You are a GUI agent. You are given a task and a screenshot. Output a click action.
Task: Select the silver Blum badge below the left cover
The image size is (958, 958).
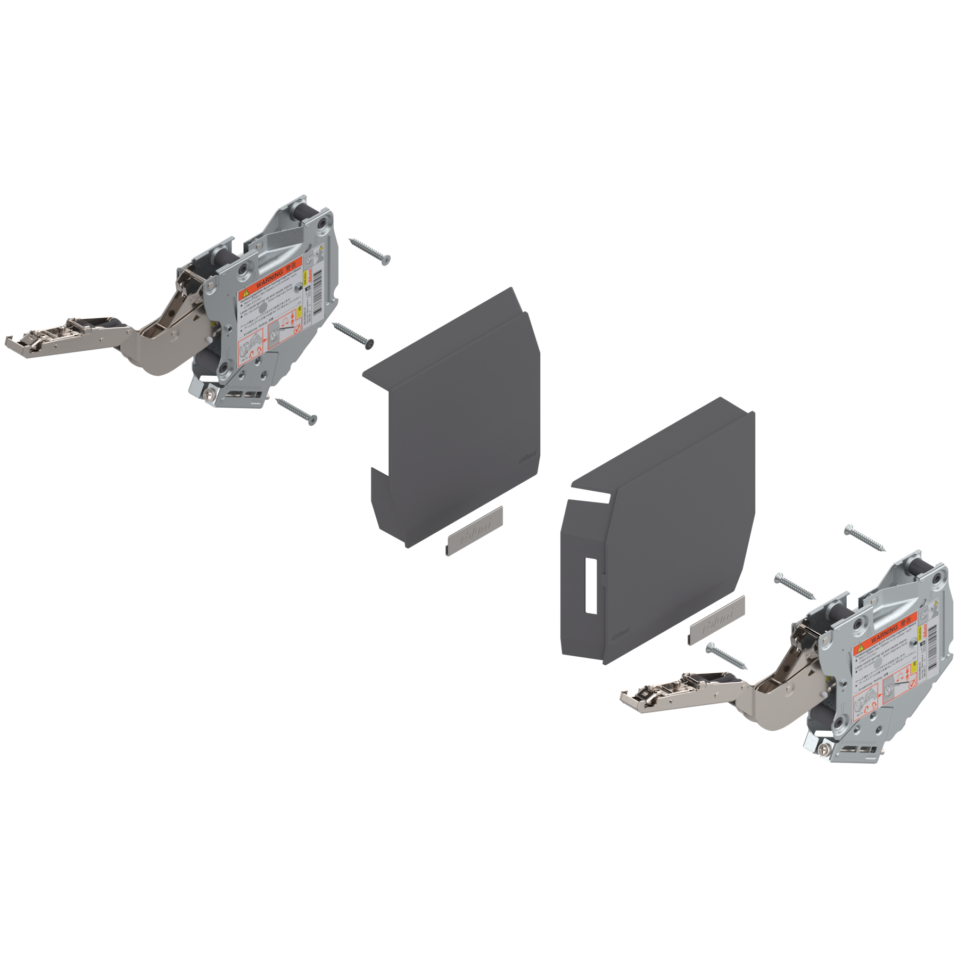473,532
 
